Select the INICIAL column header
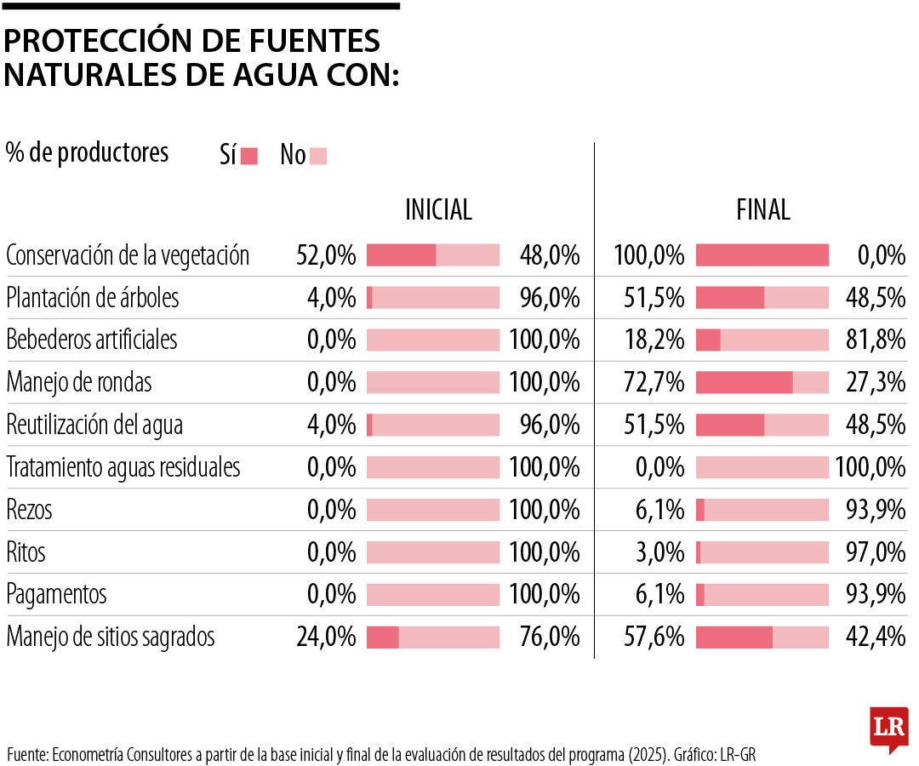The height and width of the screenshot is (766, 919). tap(438, 209)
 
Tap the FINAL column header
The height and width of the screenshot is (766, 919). tap(762, 209)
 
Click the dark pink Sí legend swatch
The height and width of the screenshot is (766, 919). tap(249, 156)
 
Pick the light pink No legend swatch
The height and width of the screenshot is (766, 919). tap(318, 156)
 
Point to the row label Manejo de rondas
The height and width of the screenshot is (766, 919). tap(79, 382)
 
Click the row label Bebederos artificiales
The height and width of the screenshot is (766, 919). tap(92, 340)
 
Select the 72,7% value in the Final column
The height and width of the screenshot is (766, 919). tap(649, 382)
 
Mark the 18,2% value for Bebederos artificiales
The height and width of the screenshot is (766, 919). tap(649, 340)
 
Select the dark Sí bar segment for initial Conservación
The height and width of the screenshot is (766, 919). tap(401, 254)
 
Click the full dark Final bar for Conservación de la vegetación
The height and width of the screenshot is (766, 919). tap(762, 254)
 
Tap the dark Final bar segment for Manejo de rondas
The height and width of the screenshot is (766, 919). tap(744, 382)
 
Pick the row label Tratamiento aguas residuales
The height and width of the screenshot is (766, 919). tap(123, 467)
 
